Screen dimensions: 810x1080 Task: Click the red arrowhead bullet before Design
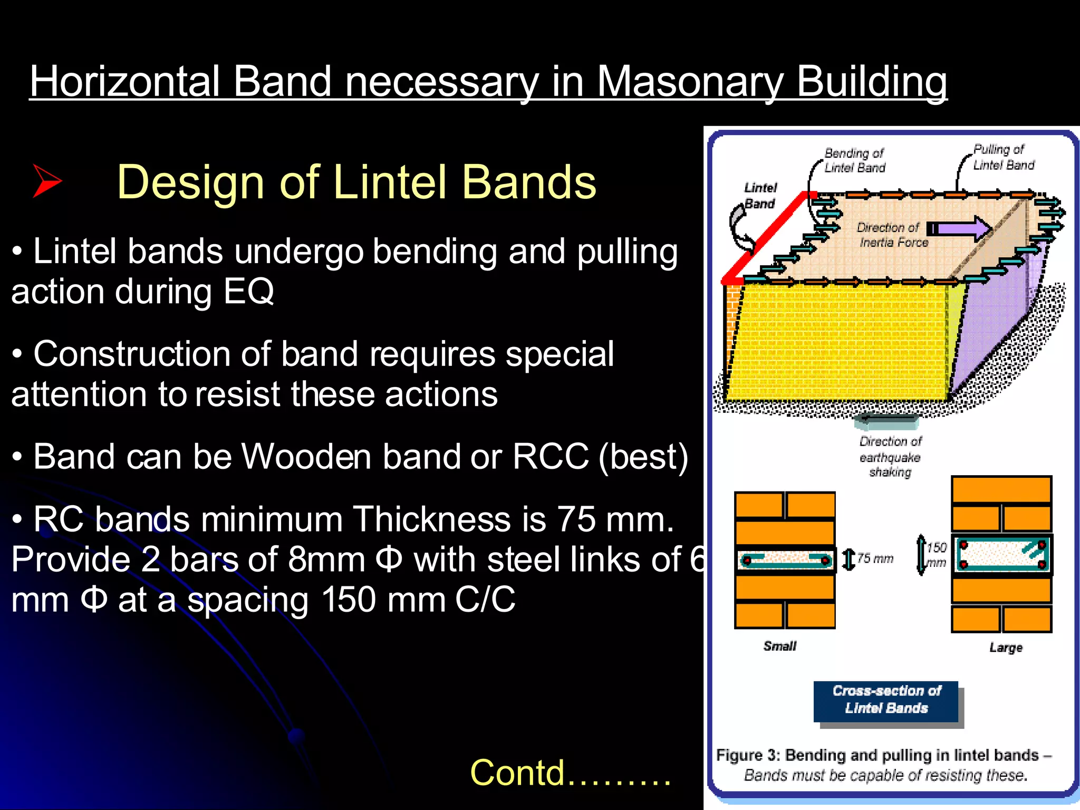[x=47, y=181]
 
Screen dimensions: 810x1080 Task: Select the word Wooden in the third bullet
[x=306, y=456]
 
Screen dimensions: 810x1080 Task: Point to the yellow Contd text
[x=570, y=773]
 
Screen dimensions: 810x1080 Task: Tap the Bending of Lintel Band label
[x=854, y=160]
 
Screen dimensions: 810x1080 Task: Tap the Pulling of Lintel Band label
[x=1003, y=157]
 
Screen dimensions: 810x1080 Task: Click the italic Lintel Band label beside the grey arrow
[x=760, y=196]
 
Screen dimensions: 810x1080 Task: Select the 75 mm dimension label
[x=875, y=558]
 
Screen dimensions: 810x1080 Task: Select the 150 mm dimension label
[x=937, y=555]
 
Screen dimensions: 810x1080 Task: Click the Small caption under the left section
[x=779, y=647]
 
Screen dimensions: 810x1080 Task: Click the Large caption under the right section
[x=1006, y=648]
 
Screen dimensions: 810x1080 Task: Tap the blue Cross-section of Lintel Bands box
[x=886, y=700]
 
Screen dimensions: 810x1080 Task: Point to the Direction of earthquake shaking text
[x=890, y=457]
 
